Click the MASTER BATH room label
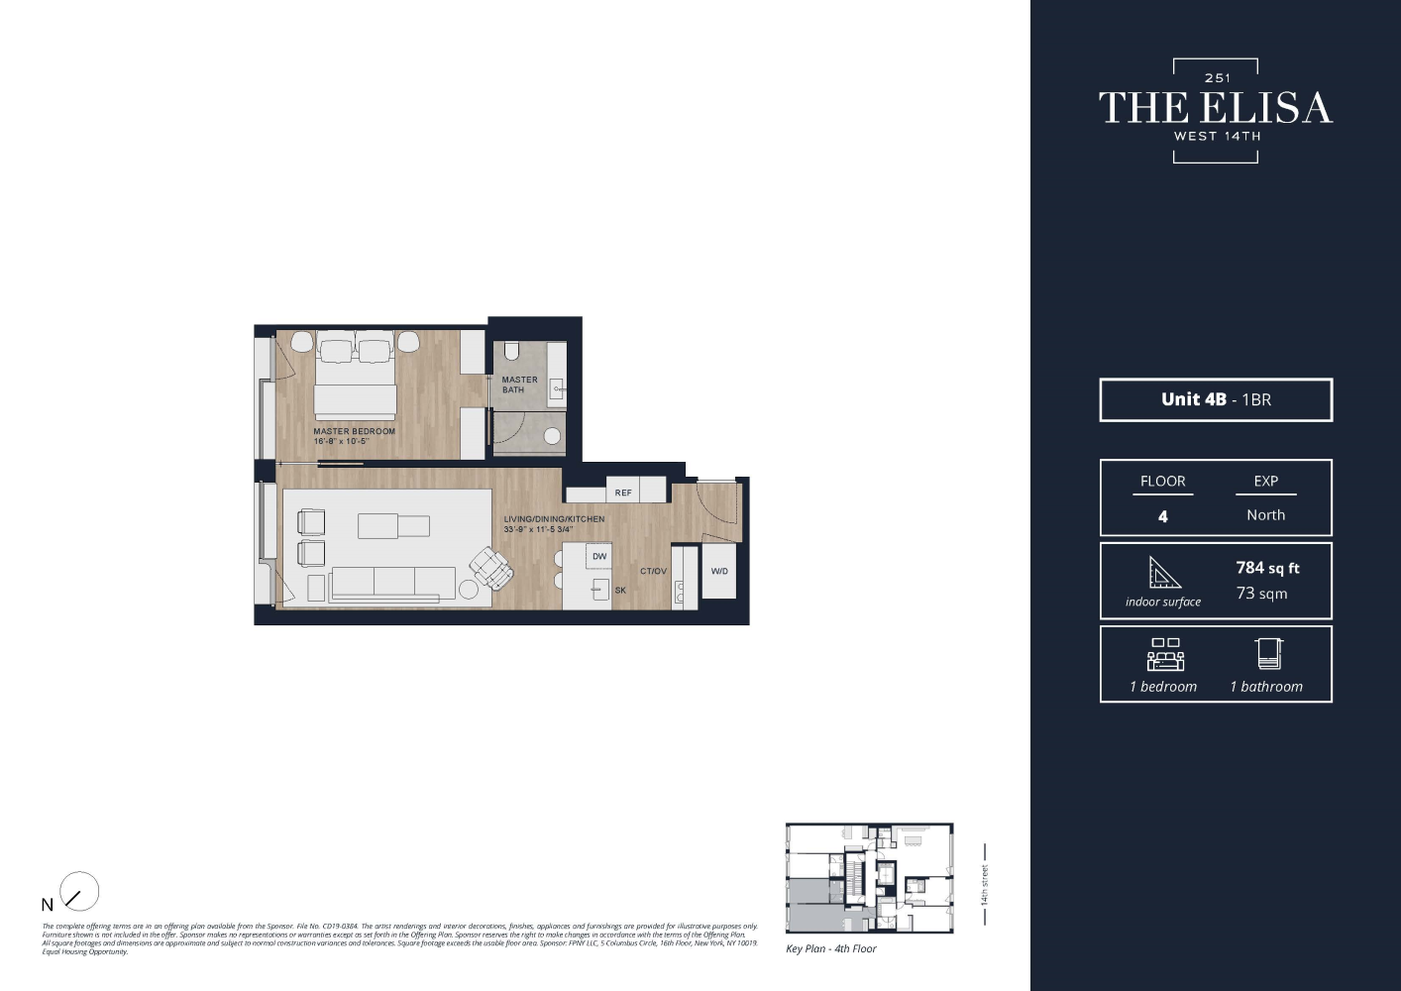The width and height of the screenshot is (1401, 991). tap(519, 385)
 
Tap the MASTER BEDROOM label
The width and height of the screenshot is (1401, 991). tap(354, 432)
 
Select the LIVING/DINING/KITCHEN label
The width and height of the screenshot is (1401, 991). tap(554, 519)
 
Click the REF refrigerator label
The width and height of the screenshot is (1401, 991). tap(623, 493)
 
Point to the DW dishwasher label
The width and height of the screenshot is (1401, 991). tap(599, 557)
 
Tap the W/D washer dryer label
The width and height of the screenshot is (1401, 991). tap(719, 572)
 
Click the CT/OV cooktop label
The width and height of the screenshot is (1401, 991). tap(653, 572)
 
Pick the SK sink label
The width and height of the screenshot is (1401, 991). tap(620, 591)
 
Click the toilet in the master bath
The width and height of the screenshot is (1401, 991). tap(512, 351)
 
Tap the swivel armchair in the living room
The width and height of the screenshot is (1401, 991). tap(490, 568)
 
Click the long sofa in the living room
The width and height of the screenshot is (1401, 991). tap(392, 583)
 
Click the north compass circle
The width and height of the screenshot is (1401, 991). tap(79, 892)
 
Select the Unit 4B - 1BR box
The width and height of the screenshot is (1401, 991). tap(1216, 400)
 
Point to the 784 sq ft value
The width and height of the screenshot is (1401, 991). tap(1267, 568)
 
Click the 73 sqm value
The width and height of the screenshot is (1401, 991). tap(1261, 594)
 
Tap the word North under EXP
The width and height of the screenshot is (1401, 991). tap(1265, 515)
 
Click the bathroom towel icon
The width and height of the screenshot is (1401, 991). tap(1268, 653)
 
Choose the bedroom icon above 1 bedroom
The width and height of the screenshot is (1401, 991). tap(1165, 655)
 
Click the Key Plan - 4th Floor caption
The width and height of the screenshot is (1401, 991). tap(830, 949)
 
